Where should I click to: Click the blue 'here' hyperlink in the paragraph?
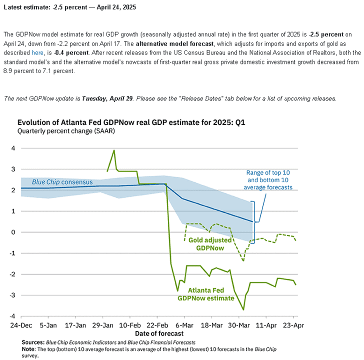pyautogui.click(x=37, y=53)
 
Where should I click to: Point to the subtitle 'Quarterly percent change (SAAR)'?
pyautogui.click(x=66, y=131)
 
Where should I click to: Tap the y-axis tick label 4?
pyautogui.click(x=13, y=148)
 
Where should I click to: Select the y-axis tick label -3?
pyautogui.click(x=12, y=295)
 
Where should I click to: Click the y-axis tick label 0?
pyautogui.click(x=13, y=232)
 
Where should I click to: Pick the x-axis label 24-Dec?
pyautogui.click(x=21, y=325)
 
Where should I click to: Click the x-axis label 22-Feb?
pyautogui.click(x=157, y=325)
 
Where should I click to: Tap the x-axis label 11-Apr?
pyautogui.click(x=266, y=325)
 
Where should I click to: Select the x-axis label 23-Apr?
pyautogui.click(x=293, y=325)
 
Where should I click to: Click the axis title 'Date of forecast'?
pyautogui.click(x=159, y=333)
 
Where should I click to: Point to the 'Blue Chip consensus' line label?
pyautogui.click(x=62, y=182)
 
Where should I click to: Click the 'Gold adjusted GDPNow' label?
pyautogui.click(x=210, y=244)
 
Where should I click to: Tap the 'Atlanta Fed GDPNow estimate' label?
pyautogui.click(x=206, y=294)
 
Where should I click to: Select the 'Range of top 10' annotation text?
pyautogui.click(x=268, y=172)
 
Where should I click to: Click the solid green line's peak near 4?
pyautogui.click(x=114, y=150)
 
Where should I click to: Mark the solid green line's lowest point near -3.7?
pyautogui.click(x=243, y=309)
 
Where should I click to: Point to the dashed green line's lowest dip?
pyautogui.click(x=243, y=260)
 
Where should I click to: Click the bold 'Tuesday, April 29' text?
pyautogui.click(x=107, y=98)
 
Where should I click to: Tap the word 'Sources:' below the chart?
pyautogui.click(x=33, y=342)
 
